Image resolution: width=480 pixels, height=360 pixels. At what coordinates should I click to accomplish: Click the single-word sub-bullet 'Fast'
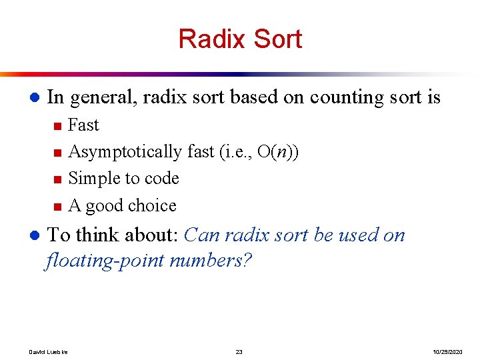[83, 125]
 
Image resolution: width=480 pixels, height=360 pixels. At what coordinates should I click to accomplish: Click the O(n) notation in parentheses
[275, 152]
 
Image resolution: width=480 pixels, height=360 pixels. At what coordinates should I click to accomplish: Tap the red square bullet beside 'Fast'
[58, 125]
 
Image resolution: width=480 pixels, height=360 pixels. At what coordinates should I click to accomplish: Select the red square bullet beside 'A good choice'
[58, 206]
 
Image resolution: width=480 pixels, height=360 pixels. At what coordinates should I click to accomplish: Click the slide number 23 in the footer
[239, 351]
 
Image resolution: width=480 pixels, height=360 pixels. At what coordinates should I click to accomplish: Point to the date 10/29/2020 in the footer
[447, 351]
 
